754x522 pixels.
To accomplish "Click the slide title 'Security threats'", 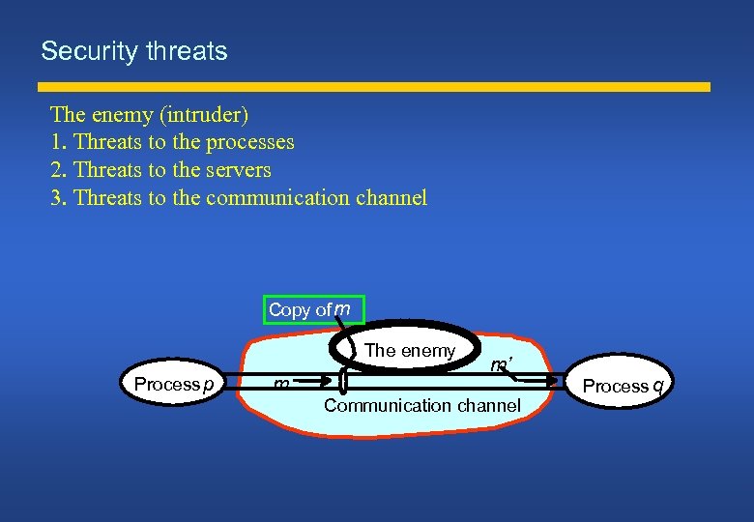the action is click(x=133, y=51).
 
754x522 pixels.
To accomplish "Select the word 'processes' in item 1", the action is click(x=248, y=142).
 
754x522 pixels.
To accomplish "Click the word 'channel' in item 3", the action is click(x=391, y=198).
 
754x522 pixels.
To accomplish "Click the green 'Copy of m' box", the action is click(x=315, y=309).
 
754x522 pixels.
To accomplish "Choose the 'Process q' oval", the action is click(x=622, y=386).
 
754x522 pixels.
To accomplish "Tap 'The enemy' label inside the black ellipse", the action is click(x=410, y=351).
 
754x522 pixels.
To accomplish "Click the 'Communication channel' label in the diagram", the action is click(x=421, y=405).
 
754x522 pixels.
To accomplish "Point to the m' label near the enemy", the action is click(x=501, y=365).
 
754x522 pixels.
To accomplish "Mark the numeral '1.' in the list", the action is click(x=59, y=142).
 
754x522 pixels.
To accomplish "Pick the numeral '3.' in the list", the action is click(x=59, y=198).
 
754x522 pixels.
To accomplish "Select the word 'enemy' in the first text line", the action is click(x=126, y=114).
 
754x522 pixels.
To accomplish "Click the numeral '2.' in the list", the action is click(x=59, y=170).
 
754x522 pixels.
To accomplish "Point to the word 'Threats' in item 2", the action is click(x=107, y=170).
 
